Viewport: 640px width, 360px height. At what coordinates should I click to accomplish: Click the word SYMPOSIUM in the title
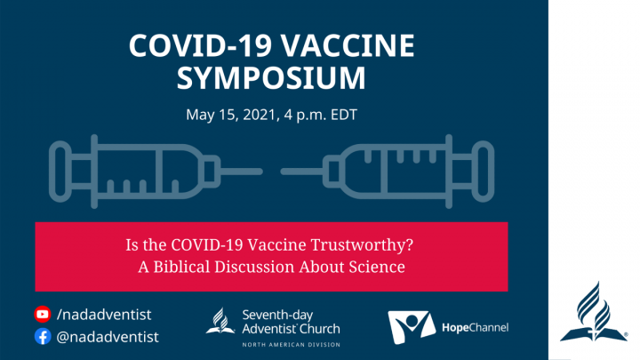point(271,77)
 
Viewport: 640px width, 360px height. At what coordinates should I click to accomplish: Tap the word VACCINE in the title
point(348,45)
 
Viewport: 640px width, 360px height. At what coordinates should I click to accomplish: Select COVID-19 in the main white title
point(200,45)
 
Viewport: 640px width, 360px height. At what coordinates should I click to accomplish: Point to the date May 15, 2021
point(231,115)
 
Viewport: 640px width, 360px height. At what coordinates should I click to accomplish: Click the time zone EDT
point(344,115)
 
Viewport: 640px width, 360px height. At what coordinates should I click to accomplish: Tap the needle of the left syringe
point(241,172)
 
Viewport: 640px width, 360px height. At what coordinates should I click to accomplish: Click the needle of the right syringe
point(302,172)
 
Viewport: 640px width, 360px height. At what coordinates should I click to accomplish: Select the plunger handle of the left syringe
point(60,172)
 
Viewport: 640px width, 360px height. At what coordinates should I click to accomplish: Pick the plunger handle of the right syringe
point(484,172)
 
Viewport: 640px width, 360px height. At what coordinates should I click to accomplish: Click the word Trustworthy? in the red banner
point(362,245)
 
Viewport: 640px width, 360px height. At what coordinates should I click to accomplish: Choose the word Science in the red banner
point(377,267)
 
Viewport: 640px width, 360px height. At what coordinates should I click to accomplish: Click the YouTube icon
point(43,315)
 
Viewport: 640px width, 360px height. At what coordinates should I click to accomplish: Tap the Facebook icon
point(43,336)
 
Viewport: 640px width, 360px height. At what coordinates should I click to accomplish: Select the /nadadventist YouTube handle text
point(104,315)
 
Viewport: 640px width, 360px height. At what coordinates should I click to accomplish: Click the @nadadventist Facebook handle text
point(108,337)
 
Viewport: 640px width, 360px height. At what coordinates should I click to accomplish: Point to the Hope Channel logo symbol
point(411,326)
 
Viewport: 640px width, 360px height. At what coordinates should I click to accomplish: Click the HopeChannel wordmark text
point(475,327)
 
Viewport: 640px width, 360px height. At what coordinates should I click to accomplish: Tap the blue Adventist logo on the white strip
point(594,312)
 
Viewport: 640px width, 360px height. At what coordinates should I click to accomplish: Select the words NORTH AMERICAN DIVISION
point(291,345)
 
